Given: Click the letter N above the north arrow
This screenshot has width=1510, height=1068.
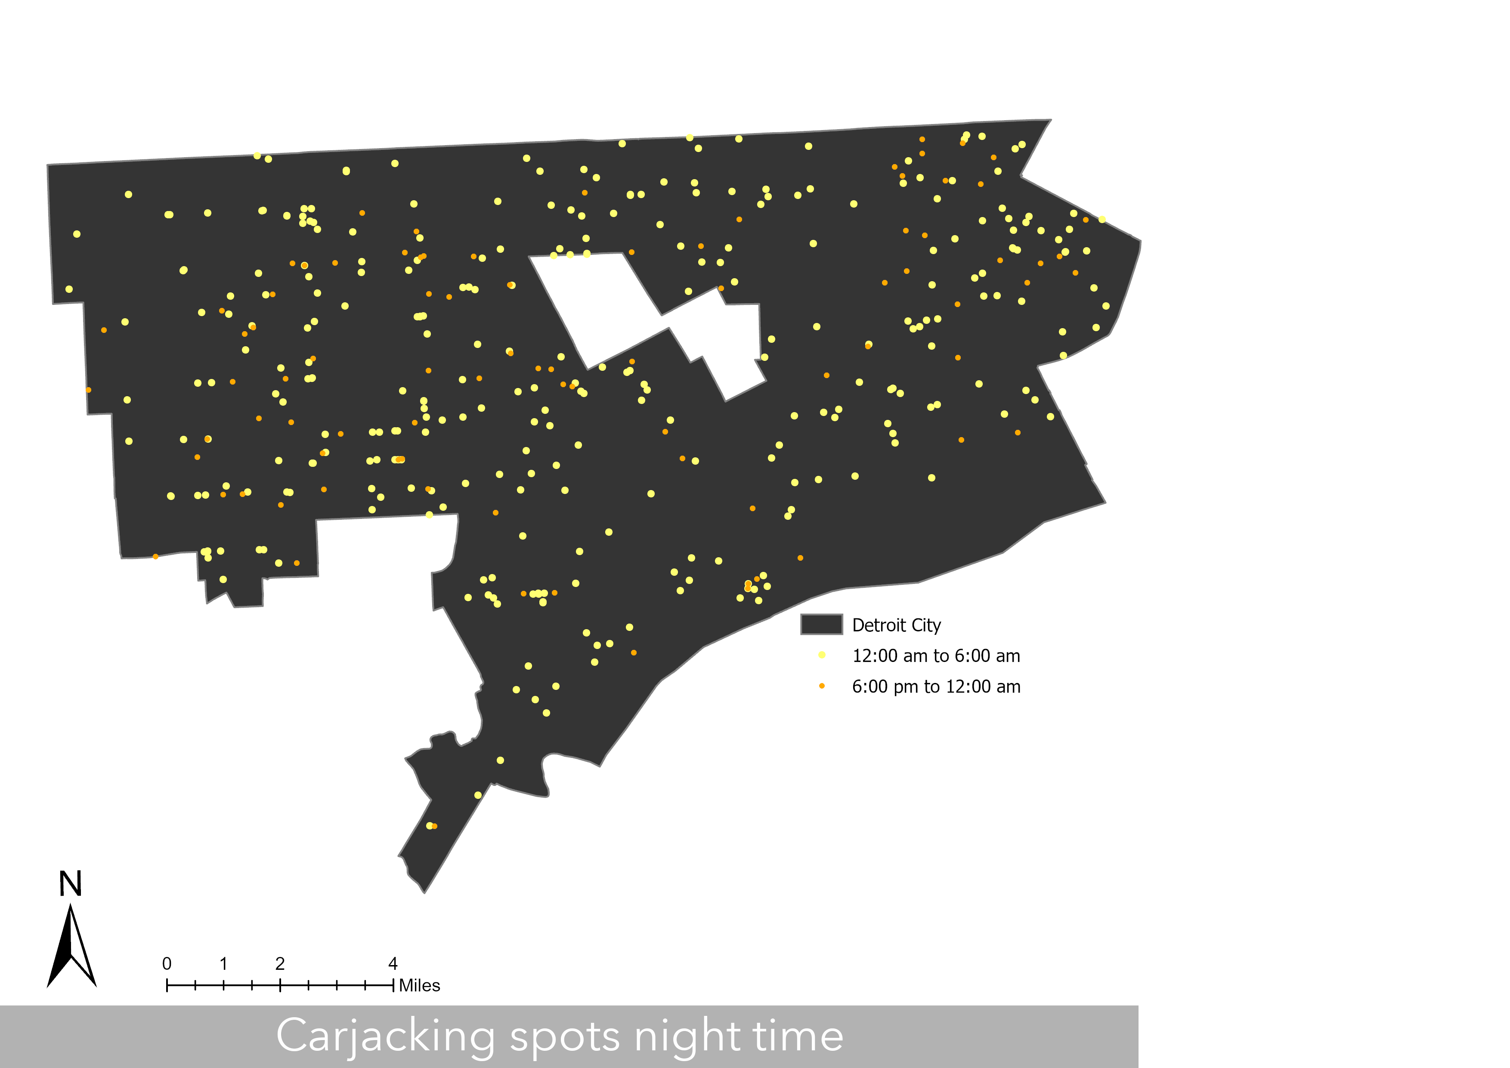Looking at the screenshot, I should click(x=70, y=884).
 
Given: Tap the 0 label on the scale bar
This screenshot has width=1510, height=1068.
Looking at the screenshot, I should click(x=167, y=964).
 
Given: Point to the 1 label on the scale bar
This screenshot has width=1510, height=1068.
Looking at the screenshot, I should click(x=223, y=964).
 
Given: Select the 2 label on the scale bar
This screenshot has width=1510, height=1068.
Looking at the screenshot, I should click(x=280, y=964).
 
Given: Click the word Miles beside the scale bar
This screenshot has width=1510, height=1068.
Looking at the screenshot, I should click(x=420, y=986).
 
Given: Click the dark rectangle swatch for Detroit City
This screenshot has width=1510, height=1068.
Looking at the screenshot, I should click(x=821, y=624).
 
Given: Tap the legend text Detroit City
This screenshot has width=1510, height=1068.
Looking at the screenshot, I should click(x=896, y=625).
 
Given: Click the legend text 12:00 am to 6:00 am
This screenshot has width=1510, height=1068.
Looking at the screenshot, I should click(x=936, y=656).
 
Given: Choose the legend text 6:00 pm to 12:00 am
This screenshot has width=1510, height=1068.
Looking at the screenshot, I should click(x=936, y=687).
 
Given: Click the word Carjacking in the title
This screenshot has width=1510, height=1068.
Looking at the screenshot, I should click(x=385, y=1037).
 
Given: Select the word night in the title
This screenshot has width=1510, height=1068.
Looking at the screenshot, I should click(x=687, y=1037).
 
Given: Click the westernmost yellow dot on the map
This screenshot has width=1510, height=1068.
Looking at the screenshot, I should click(x=69, y=289).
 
